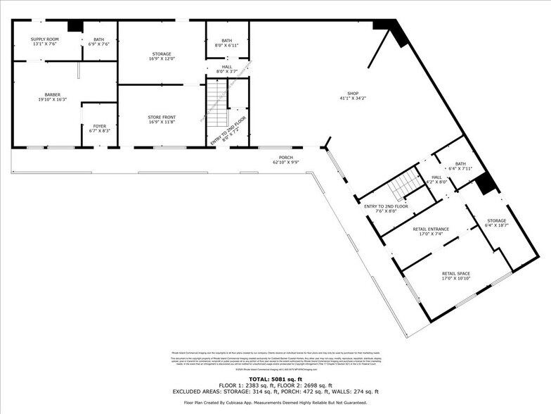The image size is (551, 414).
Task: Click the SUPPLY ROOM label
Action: pyautogui.click(x=44, y=39)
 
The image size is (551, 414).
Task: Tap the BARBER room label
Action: pyautogui.click(x=52, y=94)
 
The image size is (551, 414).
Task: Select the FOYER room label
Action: pyautogui.click(x=99, y=126)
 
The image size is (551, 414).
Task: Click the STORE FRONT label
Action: pyautogui.click(x=161, y=117)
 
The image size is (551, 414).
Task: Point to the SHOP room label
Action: pyautogui.click(x=353, y=93)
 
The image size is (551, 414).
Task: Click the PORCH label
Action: pyautogui.click(x=285, y=157)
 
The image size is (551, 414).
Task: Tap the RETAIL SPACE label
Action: pyautogui.click(x=455, y=273)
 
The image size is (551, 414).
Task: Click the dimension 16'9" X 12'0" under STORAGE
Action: pyautogui.click(x=161, y=59)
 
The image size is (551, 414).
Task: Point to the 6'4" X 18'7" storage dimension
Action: pyautogui.click(x=497, y=225)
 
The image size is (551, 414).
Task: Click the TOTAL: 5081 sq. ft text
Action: pyautogui.click(x=275, y=379)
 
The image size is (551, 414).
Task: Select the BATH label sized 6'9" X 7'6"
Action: pyautogui.click(x=99, y=39)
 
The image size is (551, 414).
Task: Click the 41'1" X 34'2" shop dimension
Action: pyautogui.click(x=353, y=99)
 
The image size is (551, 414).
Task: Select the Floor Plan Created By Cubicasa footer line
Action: pyautogui.click(x=275, y=403)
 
